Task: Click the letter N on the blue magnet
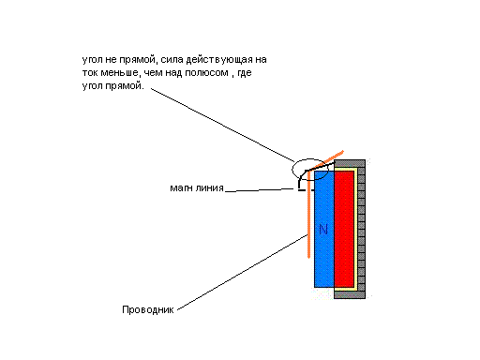point(323,229)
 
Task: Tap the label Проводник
point(148,309)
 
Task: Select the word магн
point(181,187)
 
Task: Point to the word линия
point(210,187)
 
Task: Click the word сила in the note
point(172,59)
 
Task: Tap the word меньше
point(119,72)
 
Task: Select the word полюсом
point(206,73)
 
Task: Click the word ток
point(90,73)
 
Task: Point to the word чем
point(153,73)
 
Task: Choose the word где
point(245,73)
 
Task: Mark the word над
point(173,72)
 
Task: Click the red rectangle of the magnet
point(344,229)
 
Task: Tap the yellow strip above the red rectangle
point(345,169)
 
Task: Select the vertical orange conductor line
point(308,215)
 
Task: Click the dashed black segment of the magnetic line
point(306,190)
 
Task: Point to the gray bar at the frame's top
point(350,163)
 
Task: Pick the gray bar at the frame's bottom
point(350,294)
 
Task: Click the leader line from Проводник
point(242,273)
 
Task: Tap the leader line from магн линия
point(260,189)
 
